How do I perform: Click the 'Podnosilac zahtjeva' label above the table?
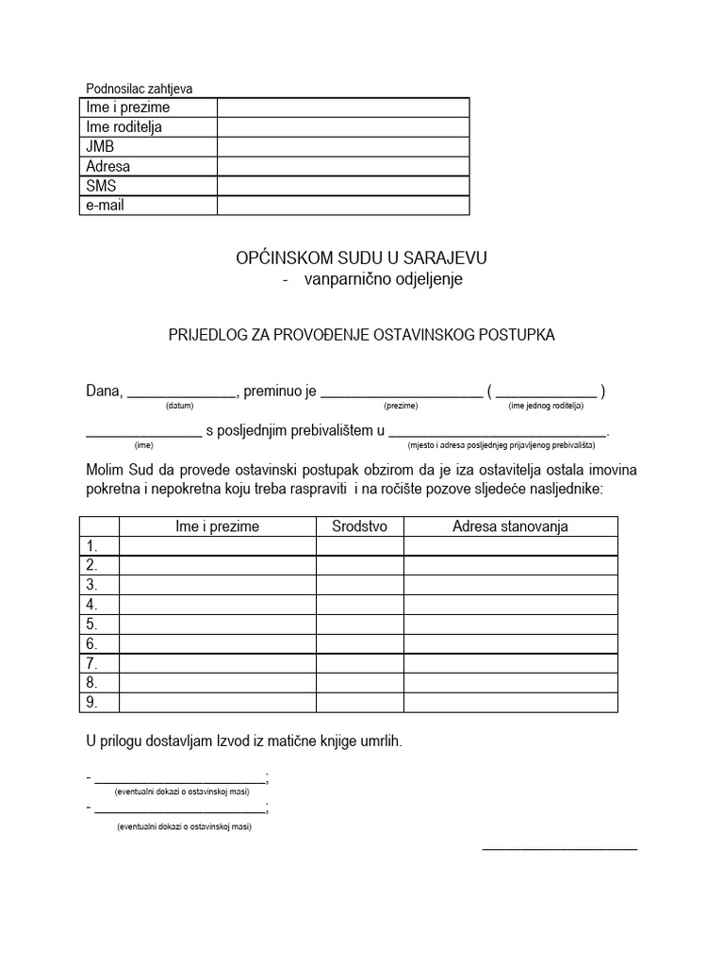tap(139, 89)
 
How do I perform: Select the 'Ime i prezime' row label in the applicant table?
tap(128, 108)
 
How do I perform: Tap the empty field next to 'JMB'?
tap(342, 147)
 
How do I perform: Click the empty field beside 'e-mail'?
tap(342, 205)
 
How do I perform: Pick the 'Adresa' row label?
tap(107, 167)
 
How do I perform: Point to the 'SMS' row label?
tap(101, 186)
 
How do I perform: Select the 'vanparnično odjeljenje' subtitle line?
tap(383, 280)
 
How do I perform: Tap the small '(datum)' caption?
tap(179, 406)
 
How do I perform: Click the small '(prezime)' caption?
tap(401, 406)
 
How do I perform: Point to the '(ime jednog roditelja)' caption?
tap(546, 406)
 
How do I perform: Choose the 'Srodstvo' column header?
tap(359, 526)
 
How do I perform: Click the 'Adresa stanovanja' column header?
tap(510, 526)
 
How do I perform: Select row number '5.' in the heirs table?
tap(92, 624)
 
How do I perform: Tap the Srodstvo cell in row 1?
tap(359, 546)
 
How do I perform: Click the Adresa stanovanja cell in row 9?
tap(510, 703)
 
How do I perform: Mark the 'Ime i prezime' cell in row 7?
tap(217, 663)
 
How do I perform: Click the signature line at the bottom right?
tap(559, 848)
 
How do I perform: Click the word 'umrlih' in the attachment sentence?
tap(380, 741)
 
